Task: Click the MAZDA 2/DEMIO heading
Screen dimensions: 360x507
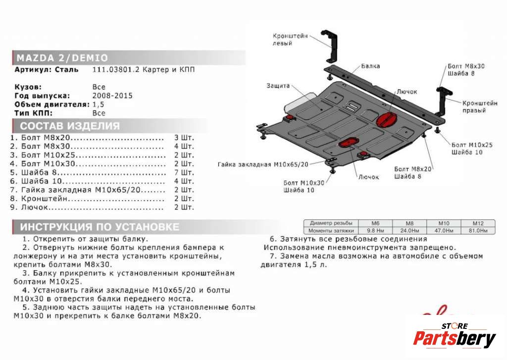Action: click(x=62, y=57)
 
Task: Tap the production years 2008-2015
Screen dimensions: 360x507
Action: click(x=112, y=96)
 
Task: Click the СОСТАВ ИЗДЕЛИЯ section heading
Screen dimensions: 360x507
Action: click(x=69, y=125)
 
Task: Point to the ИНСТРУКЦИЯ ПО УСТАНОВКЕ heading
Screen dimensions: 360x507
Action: click(x=100, y=227)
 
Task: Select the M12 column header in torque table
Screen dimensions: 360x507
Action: click(x=477, y=223)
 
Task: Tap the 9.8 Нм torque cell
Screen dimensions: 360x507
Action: click(x=374, y=231)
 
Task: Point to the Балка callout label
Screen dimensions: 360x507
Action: click(x=370, y=65)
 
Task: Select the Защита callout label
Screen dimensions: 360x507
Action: click(x=277, y=86)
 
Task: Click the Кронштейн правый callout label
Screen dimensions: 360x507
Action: click(x=480, y=107)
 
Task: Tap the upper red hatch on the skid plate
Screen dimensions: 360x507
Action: click(x=386, y=120)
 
